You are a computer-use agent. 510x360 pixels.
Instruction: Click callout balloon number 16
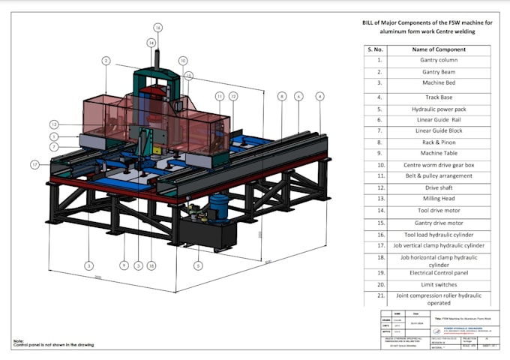pyautogui.click(x=158, y=28)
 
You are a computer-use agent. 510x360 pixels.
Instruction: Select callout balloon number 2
pyautogui.click(x=106, y=60)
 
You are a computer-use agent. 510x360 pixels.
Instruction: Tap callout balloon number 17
pyautogui.click(x=35, y=163)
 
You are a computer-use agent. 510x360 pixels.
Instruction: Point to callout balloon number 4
pyautogui.click(x=320, y=96)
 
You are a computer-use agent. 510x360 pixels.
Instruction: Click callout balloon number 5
pyautogui.click(x=198, y=264)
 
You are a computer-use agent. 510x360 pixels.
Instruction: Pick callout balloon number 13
pyautogui.click(x=54, y=124)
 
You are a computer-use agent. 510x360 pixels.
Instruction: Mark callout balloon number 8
pyautogui.click(x=282, y=96)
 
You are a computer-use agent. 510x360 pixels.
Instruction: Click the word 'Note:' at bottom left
pyautogui.click(x=19, y=340)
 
